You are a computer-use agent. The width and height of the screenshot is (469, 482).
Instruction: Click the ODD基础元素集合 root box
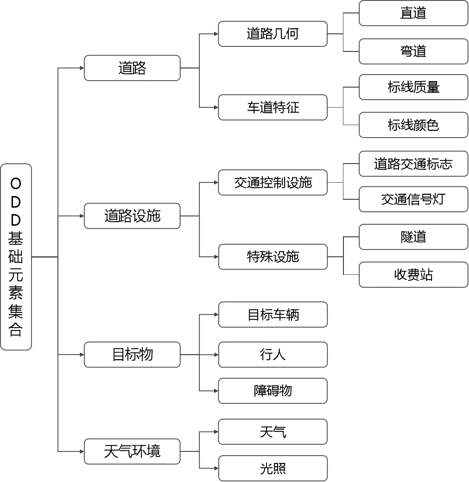coord(16,257)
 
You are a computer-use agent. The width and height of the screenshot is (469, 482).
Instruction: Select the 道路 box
coord(132,68)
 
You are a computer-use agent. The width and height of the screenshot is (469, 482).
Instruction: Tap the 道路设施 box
coord(132,216)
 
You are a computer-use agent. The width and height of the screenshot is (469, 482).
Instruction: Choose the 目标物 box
coord(132,355)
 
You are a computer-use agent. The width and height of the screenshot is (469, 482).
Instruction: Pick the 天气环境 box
coord(132,451)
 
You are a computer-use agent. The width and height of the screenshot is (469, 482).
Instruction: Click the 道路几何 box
coord(273,34)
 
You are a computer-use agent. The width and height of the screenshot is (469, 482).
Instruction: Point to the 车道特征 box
coord(273,107)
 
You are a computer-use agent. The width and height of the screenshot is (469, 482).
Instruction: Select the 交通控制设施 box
coord(273,182)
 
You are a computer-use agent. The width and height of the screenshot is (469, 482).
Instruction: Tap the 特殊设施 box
coord(273,257)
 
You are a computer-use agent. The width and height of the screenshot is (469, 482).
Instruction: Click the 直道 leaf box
coord(413,13)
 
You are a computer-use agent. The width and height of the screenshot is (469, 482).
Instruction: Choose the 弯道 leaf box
coord(413,51)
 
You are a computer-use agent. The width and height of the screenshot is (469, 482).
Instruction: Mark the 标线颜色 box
coord(413,125)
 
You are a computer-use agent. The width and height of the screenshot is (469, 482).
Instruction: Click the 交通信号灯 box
coord(413,199)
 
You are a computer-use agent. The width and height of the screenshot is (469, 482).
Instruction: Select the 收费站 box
coord(413,274)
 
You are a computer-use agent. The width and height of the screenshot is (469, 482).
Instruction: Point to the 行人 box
coord(273,355)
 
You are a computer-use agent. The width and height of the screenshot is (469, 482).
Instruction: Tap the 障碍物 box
coord(273,391)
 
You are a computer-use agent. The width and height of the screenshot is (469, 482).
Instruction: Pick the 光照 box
coord(273,468)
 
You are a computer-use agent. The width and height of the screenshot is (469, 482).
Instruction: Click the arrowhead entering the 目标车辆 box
coord(216,315)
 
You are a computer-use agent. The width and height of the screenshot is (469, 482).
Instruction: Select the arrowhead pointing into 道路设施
coord(82,216)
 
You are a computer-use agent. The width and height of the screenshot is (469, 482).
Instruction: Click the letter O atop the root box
coord(16,184)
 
